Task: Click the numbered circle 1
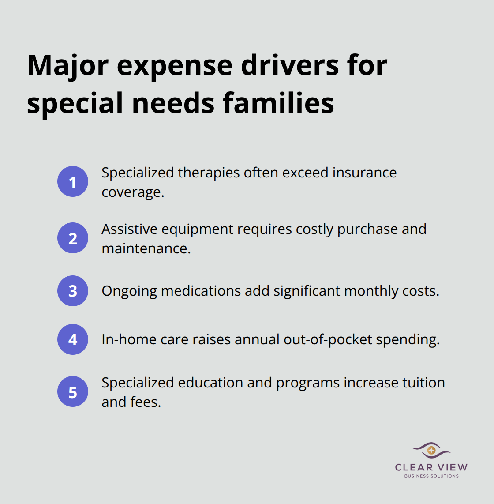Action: (73, 181)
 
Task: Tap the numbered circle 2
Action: (73, 238)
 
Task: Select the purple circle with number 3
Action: (73, 291)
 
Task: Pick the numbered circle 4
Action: (73, 339)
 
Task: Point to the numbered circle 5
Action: (73, 391)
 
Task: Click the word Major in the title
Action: (68, 65)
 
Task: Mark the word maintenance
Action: (146, 248)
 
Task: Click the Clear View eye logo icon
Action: (431, 451)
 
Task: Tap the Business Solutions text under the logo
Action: (431, 476)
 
